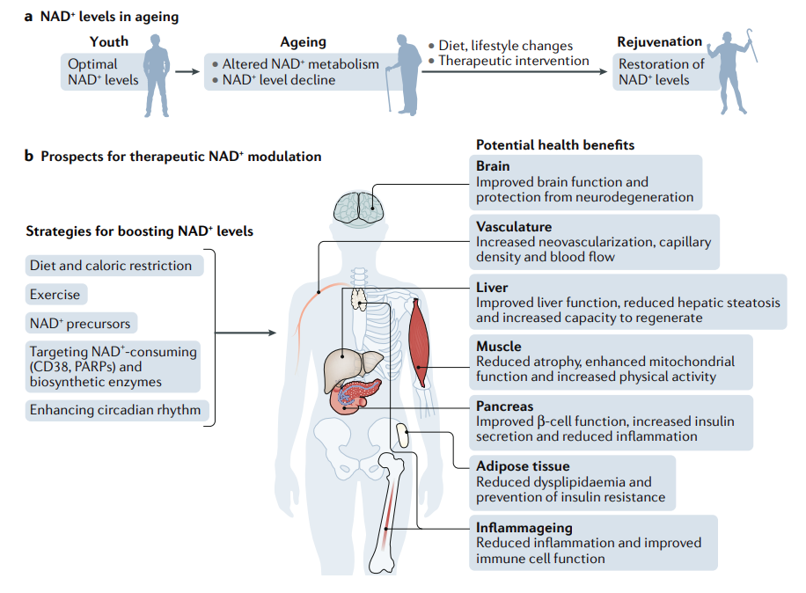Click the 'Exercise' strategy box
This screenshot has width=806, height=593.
55,295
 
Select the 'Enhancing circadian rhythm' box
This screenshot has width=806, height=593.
115,410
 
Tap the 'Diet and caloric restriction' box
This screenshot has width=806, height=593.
111,266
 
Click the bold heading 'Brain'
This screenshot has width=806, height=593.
493,166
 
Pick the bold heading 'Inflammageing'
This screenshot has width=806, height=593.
524,528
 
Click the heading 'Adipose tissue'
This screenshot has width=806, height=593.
523,466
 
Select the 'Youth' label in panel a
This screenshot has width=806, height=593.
109,41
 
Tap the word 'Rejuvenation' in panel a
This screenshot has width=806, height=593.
660,41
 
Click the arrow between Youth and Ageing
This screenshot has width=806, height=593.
187,72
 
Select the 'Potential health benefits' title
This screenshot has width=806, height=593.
555,144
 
